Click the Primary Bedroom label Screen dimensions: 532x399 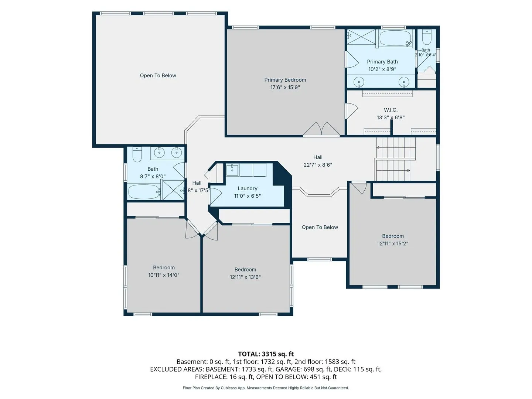pyautogui.click(x=285, y=80)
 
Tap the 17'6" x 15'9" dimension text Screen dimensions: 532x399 pyautogui.click(x=285, y=87)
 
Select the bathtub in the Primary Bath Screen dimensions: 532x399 pyautogui.click(x=395, y=38)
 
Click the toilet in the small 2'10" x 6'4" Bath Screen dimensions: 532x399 pyautogui.click(x=427, y=37)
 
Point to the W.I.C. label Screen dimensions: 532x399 pyautogui.click(x=391, y=110)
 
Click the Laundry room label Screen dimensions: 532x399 pyautogui.click(x=248, y=188)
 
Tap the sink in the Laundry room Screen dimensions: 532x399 pyautogui.click(x=232, y=170)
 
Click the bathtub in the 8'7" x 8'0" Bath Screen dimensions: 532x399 pyautogui.click(x=144, y=192)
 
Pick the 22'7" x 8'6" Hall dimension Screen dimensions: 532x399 pyautogui.click(x=318, y=165)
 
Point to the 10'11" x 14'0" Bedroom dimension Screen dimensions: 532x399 pyautogui.click(x=164, y=275)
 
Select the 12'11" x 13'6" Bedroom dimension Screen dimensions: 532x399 pyautogui.click(x=245, y=277)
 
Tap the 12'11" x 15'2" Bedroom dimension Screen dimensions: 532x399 pyautogui.click(x=393, y=243)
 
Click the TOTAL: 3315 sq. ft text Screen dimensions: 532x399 pyautogui.click(x=266, y=354)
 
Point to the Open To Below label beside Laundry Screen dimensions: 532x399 pyautogui.click(x=320, y=227)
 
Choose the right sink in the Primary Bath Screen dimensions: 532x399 pyautogui.click(x=404, y=82)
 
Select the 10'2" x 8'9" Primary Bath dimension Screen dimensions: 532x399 pyautogui.click(x=382, y=69)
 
